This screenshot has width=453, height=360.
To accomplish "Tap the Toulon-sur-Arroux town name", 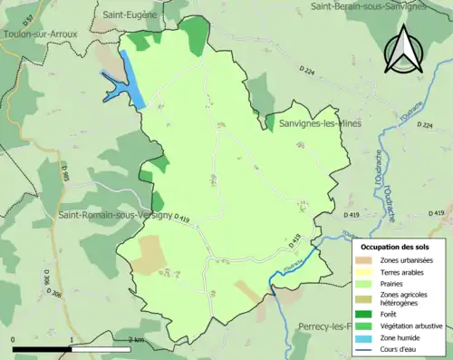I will pyautogui.click(x=41, y=34).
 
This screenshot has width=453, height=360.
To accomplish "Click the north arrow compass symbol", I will pyautogui.click(x=402, y=48).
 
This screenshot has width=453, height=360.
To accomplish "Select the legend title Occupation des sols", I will pyautogui.click(x=395, y=247).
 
